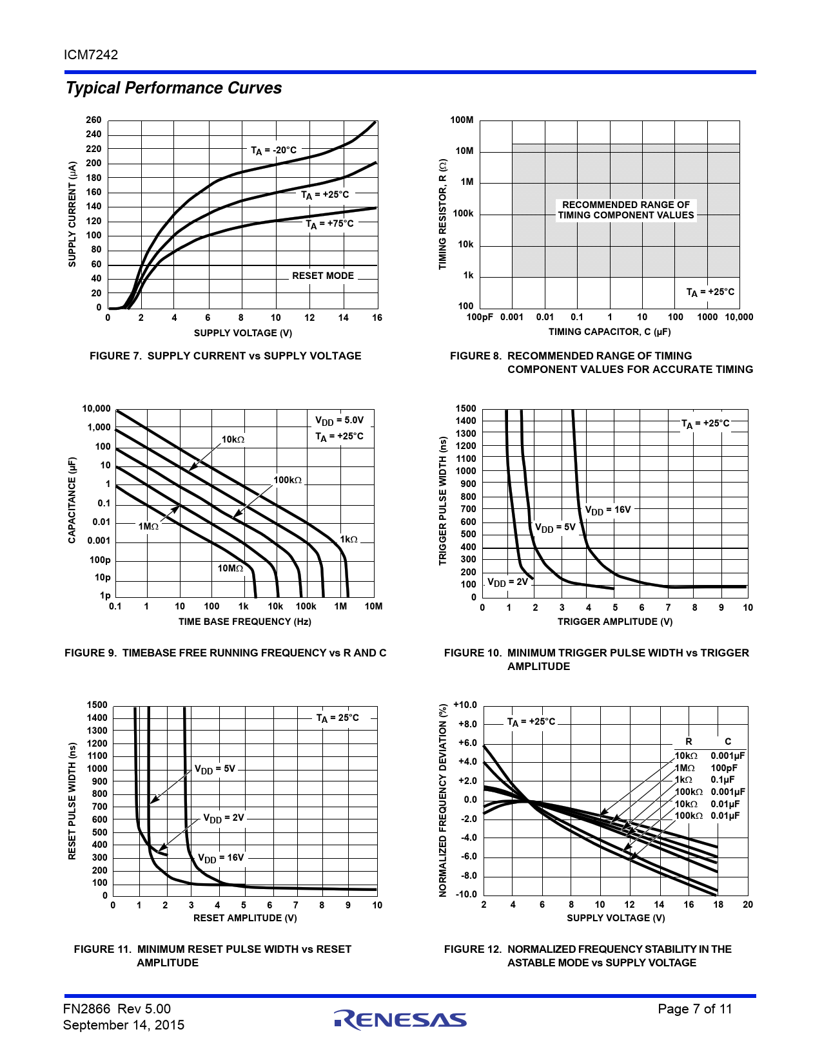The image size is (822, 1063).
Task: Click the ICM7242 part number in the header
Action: [x=91, y=55]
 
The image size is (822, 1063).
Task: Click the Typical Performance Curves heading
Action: [x=174, y=88]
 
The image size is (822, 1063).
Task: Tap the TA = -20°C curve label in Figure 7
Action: [x=273, y=150]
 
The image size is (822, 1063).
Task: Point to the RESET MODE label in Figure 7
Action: [x=323, y=276]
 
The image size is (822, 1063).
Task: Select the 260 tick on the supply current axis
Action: [x=93, y=120]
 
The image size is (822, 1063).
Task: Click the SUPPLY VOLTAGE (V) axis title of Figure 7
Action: [x=243, y=333]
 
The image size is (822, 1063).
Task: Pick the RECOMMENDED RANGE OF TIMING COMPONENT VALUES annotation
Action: [x=626, y=210]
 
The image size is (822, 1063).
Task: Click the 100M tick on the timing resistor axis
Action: [x=462, y=120]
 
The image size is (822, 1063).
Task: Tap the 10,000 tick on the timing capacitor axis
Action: [x=739, y=317]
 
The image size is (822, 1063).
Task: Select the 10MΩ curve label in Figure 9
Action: [x=230, y=568]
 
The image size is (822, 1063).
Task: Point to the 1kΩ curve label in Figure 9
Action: [x=349, y=539]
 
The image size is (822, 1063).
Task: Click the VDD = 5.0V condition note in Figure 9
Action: [x=339, y=421]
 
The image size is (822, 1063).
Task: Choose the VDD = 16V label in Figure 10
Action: [x=608, y=510]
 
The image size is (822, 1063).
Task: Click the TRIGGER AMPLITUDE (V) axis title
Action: [x=615, y=622]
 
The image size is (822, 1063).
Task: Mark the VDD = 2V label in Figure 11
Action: [x=224, y=818]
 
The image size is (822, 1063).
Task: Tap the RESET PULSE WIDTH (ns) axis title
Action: [x=72, y=801]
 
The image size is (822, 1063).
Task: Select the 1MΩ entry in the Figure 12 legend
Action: [x=685, y=768]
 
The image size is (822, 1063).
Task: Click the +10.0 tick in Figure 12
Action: [x=465, y=705]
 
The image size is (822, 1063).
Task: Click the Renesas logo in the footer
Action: [x=400, y=1019]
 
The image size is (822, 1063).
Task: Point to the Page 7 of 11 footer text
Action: [x=695, y=1009]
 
